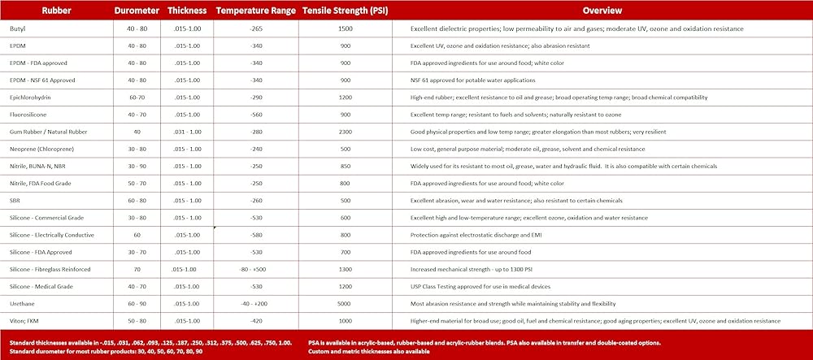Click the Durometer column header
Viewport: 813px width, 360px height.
137,11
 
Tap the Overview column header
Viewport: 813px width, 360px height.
602,11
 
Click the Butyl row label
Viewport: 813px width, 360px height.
20,28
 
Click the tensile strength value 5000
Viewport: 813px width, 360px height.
345,304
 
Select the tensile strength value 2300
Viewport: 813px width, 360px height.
345,132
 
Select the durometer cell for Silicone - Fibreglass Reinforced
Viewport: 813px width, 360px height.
137,269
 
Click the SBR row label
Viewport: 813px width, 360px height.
16,200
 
